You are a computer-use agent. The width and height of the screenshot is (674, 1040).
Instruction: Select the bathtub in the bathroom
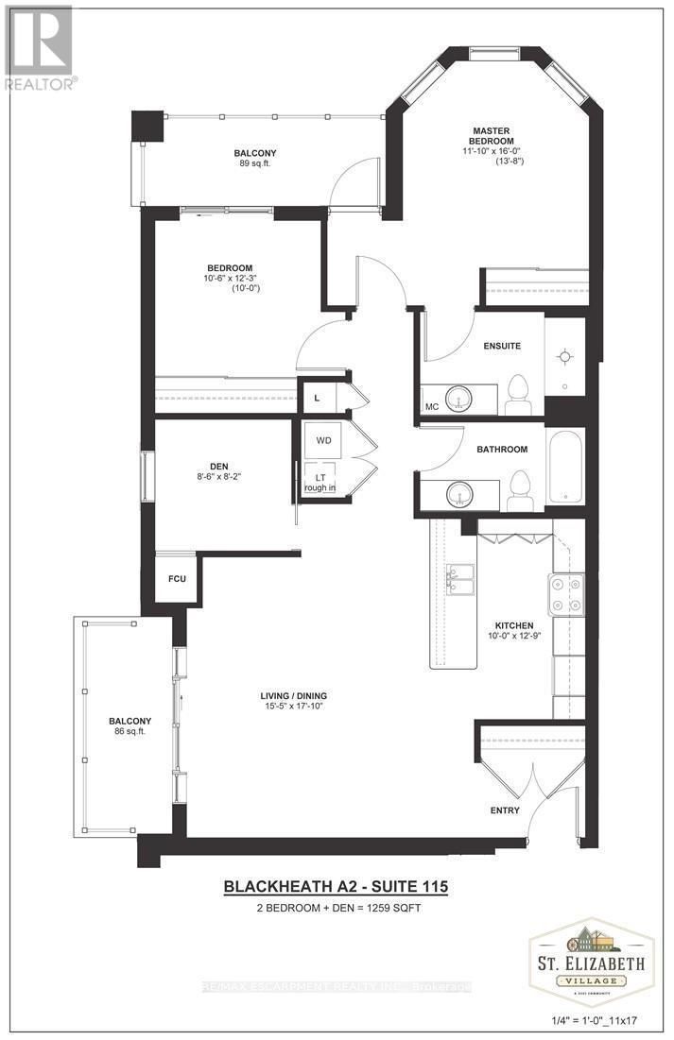point(566,467)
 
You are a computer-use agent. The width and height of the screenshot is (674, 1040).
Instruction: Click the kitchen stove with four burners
point(565,594)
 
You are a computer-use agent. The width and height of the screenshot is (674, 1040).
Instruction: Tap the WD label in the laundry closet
point(324,440)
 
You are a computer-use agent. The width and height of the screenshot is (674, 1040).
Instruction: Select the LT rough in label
point(320,482)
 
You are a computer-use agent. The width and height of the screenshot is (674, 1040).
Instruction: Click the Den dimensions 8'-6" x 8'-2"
point(217,478)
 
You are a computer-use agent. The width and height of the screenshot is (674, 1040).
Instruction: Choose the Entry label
point(504,810)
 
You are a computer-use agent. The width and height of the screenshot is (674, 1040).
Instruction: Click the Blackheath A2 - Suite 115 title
point(335,887)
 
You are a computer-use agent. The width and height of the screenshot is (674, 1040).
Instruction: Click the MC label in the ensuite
point(432,407)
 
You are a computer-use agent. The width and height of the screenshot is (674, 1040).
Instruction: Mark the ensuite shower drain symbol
point(565,356)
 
